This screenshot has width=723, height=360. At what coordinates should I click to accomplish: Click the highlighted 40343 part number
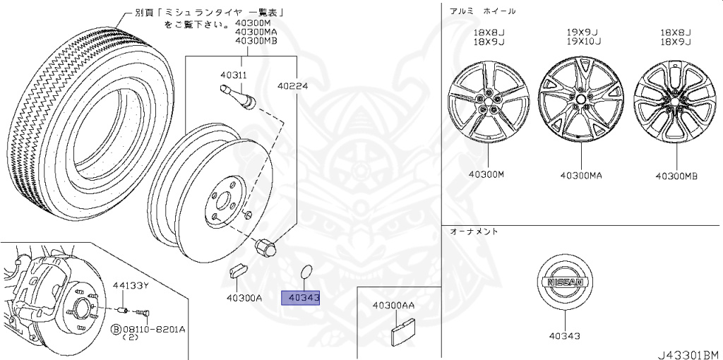301,298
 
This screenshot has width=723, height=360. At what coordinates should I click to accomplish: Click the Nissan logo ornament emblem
564,282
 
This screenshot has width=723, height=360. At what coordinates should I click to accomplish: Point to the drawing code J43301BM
688,354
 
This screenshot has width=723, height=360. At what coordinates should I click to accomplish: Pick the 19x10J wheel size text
583,42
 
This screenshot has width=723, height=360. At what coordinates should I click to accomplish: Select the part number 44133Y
131,286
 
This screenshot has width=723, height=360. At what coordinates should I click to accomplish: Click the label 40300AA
393,305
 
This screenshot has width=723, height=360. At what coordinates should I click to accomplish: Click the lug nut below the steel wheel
265,248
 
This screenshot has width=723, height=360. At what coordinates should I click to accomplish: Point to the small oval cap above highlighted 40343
306,272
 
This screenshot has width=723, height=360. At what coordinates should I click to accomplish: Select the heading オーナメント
474,232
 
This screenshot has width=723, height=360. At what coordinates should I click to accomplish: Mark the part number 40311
233,75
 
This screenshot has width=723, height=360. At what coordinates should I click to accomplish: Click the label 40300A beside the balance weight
244,298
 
